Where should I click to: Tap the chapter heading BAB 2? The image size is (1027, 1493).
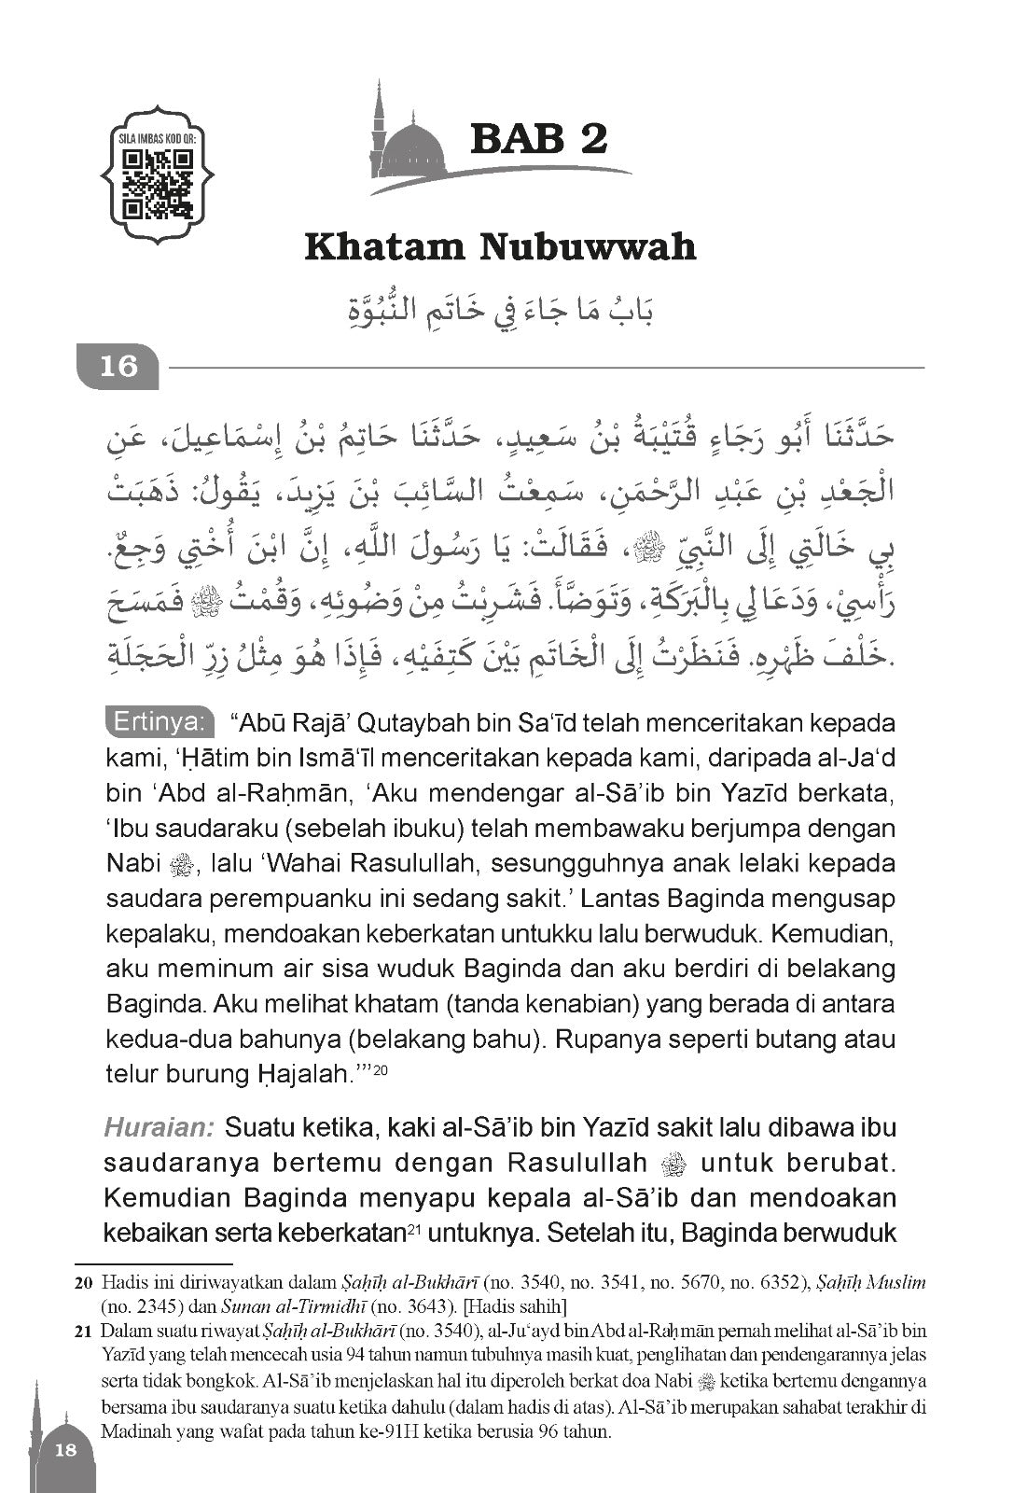coord(539,137)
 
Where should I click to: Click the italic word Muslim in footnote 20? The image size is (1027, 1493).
coord(895,1283)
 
